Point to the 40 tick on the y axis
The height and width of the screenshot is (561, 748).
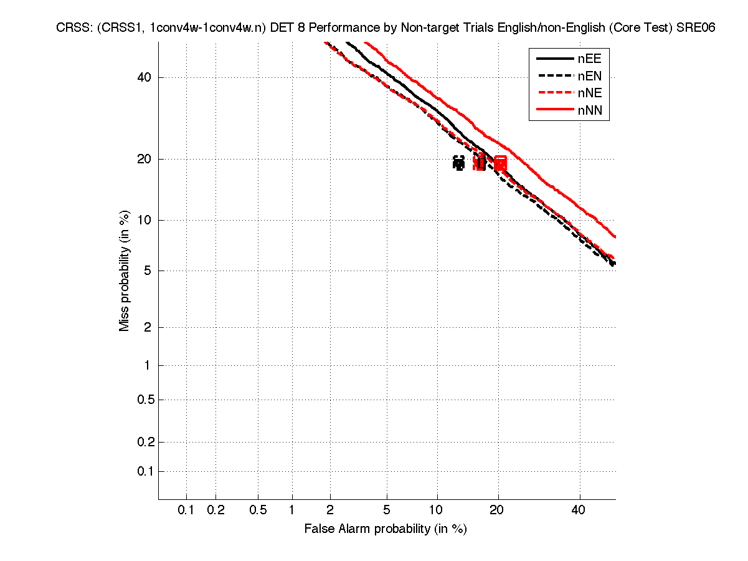pos(144,77)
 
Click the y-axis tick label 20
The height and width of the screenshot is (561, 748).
pos(144,159)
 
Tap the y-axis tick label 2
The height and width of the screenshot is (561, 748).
pos(148,327)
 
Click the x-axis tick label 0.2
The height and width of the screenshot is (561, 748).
pos(215,510)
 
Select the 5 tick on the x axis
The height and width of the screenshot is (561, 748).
pos(387,510)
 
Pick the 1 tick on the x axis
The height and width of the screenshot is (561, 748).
pos(292,510)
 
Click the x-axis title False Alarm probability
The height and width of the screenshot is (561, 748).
pos(386,529)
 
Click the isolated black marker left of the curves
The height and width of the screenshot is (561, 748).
pos(459,163)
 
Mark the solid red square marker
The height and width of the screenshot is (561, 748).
pos(499,163)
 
